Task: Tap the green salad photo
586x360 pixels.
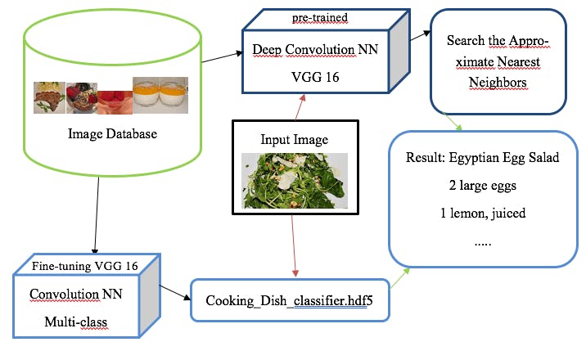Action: click(295, 180)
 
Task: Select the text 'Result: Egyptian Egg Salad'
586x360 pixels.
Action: click(482, 158)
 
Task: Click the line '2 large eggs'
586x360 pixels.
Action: click(482, 186)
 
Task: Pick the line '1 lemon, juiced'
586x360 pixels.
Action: click(482, 214)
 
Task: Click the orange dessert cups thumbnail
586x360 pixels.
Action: click(160, 95)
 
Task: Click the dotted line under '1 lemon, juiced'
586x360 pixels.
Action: click(482, 243)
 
